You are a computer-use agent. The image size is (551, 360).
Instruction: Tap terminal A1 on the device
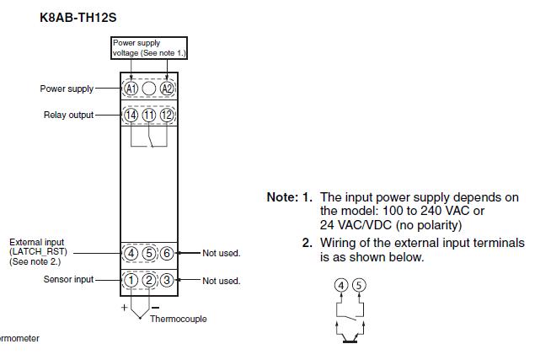tap(131, 89)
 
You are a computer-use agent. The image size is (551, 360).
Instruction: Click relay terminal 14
tap(131, 115)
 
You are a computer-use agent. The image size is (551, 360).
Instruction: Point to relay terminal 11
tap(148, 115)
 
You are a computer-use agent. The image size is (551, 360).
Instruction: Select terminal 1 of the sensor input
tap(131, 280)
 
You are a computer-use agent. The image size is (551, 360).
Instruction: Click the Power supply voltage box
tap(149, 48)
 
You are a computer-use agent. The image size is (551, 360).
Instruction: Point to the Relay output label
tap(69, 115)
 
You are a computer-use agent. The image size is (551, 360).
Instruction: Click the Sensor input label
tap(69, 279)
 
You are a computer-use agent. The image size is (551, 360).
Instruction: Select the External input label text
tap(38, 252)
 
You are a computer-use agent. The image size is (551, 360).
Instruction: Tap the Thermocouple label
tap(178, 320)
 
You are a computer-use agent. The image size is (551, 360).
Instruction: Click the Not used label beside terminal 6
tap(221, 253)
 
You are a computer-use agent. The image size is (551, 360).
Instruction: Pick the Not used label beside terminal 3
tap(221, 281)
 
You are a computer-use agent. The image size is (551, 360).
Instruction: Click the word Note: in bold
tap(282, 197)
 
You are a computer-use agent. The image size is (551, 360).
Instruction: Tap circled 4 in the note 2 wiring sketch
tap(341, 286)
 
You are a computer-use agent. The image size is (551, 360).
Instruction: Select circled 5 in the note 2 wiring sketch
tap(359, 286)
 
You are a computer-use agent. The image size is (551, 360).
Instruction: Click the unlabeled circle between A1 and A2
tap(148, 89)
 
